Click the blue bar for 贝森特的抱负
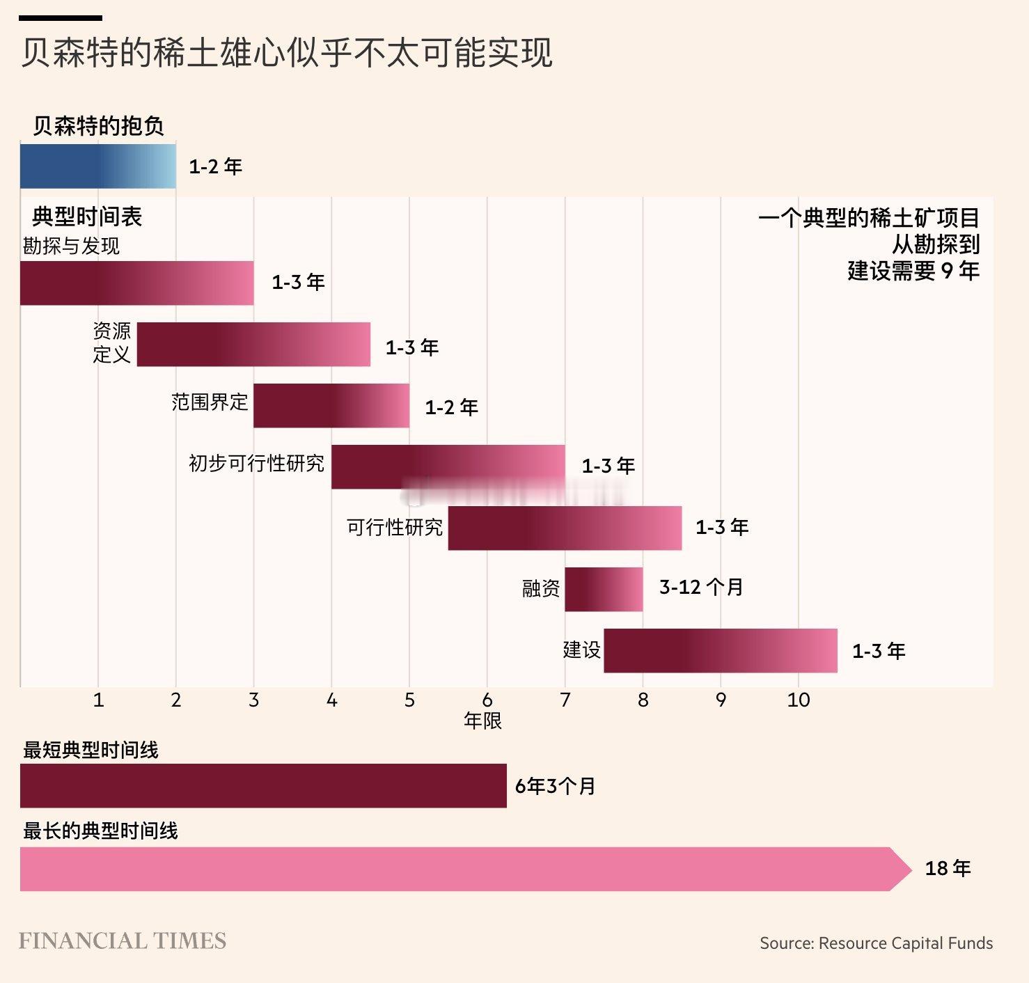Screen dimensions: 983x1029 (97, 166)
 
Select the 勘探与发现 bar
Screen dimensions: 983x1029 (136, 283)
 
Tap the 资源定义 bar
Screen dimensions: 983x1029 (253, 344)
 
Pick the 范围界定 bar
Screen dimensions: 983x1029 (331, 405)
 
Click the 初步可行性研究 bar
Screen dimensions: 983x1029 (448, 466)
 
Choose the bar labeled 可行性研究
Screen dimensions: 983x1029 (565, 528)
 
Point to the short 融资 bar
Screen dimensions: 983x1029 (604, 589)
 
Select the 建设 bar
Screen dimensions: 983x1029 (720, 650)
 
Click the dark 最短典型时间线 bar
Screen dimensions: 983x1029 (263, 785)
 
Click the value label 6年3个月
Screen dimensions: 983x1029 (555, 786)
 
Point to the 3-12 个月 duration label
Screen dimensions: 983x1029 (701, 587)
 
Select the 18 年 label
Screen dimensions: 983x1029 (948, 868)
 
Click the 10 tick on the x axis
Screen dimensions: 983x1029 (799, 700)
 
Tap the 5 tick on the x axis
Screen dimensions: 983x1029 (409, 700)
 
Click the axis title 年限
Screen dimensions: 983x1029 (482, 721)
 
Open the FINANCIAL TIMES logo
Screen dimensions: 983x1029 (123, 941)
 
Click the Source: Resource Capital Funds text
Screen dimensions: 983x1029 (876, 943)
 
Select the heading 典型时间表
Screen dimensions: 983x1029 (87, 217)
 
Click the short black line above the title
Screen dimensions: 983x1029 (61, 18)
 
